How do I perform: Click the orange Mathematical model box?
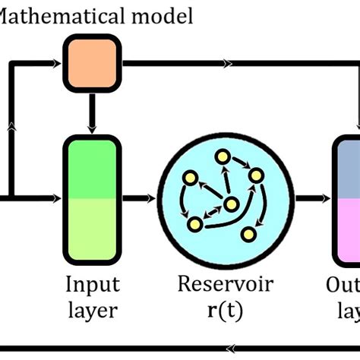click(x=91, y=65)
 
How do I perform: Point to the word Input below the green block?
click(x=91, y=285)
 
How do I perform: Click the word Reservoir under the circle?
click(x=226, y=285)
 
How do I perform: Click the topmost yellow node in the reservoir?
click(x=222, y=156)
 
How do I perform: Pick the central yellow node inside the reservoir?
click(x=230, y=204)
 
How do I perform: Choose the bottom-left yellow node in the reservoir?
click(x=194, y=223)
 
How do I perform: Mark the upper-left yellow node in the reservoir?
click(x=191, y=178)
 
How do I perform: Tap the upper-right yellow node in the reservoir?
click(x=257, y=176)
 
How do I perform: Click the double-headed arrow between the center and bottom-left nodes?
click(x=213, y=213)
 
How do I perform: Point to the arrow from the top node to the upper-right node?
click(x=240, y=166)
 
